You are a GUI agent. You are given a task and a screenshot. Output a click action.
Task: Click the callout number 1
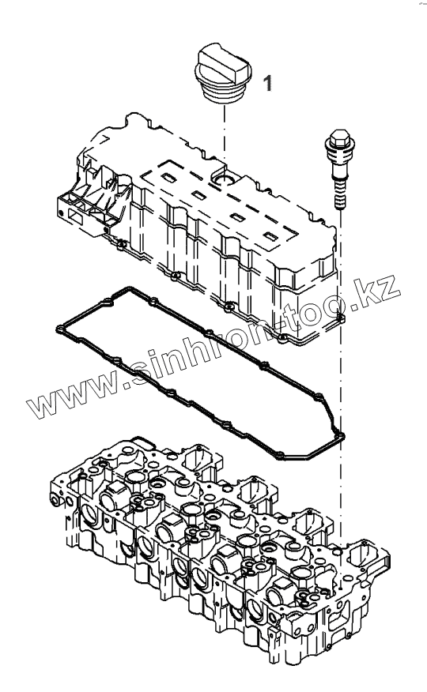(x=267, y=83)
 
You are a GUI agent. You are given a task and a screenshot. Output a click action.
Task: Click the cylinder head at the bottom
(x=220, y=547)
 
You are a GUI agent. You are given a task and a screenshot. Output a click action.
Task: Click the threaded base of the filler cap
(x=224, y=94)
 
